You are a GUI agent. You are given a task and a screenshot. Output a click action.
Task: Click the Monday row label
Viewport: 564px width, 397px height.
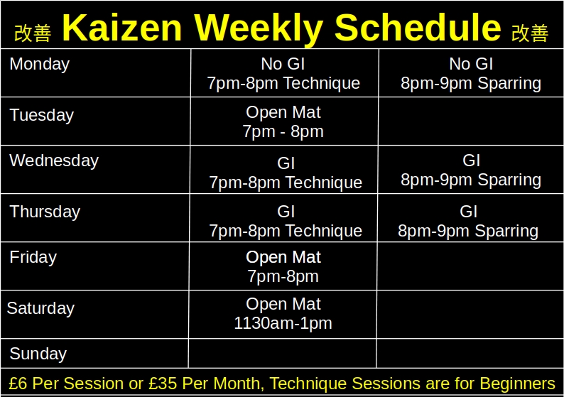pos(40,65)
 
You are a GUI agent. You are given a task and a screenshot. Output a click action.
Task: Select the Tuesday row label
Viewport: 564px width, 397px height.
pos(42,116)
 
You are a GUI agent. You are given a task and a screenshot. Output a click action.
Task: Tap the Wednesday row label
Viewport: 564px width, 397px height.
pos(54,161)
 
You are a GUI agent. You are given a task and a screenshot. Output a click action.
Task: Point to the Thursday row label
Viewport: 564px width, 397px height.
pos(45,212)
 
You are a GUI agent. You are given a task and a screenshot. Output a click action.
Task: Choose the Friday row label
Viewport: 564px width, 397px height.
pos(33,258)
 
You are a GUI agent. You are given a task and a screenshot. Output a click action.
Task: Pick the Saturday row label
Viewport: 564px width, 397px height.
pos(40,309)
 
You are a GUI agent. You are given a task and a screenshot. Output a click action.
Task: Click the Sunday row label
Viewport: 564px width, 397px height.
pos(38,354)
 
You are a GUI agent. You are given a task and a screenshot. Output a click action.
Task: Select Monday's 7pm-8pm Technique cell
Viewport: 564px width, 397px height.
pos(283,74)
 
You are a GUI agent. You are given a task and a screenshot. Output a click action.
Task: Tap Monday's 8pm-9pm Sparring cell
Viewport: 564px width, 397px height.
pos(471,74)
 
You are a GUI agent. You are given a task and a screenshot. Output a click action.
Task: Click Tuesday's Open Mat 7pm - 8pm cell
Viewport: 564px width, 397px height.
pos(283,122)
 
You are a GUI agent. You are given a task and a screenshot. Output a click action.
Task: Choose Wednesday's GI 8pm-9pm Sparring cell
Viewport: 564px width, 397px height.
pos(471,170)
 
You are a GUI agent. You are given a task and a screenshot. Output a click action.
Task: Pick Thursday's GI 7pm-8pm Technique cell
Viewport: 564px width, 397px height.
pos(286,222)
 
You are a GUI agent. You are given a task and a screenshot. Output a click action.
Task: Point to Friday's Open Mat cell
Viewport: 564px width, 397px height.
pos(283,266)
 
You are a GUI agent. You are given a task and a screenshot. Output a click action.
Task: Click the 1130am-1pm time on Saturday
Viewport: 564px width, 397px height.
pos(283,324)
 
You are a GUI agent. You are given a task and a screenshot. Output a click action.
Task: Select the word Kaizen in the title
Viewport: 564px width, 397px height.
pos(121,28)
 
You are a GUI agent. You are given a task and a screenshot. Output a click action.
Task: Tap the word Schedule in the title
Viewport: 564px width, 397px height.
pos(418,28)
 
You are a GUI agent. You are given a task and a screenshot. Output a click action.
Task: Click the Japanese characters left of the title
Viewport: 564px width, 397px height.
pos(33,33)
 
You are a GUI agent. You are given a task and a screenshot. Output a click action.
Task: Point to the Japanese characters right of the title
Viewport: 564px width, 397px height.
pos(530,33)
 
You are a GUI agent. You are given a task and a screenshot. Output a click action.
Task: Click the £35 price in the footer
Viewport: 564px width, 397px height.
pos(164,384)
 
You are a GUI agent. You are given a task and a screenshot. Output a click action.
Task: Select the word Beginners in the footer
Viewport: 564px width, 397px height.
pos(517,384)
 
